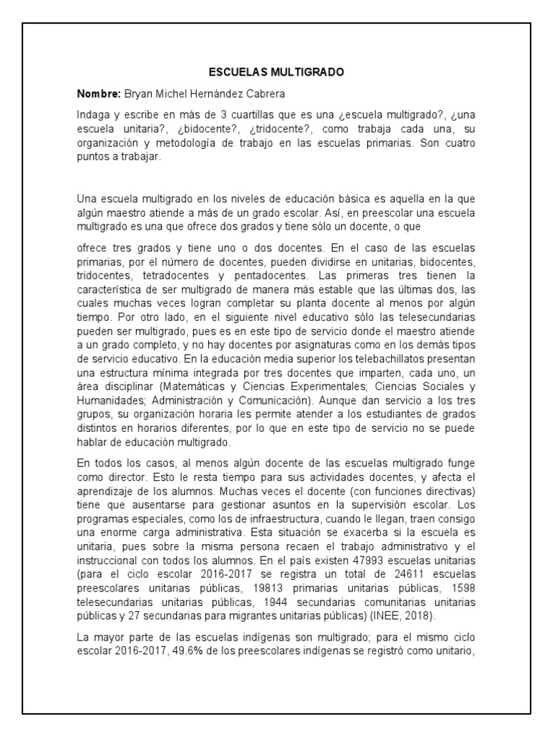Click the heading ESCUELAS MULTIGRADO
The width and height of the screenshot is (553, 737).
point(276,73)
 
